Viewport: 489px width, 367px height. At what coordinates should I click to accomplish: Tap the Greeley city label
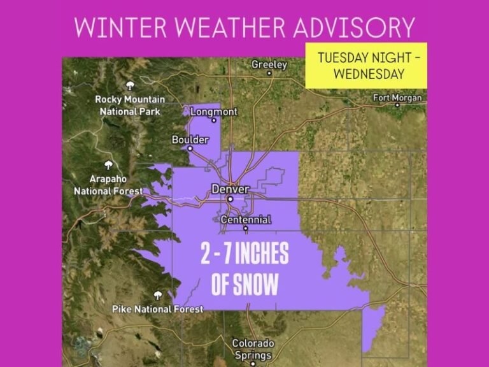point(269,64)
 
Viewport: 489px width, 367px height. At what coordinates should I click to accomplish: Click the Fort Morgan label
point(397,97)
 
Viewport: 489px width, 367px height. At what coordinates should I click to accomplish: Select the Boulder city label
point(190,140)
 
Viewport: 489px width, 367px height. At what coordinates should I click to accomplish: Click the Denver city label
point(230,189)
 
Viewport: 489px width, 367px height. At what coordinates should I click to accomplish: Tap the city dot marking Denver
point(230,199)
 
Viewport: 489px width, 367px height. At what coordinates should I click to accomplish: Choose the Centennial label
point(246,219)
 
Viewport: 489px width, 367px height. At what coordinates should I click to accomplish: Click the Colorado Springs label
point(253,349)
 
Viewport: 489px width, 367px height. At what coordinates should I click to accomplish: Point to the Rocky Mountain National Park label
point(130,105)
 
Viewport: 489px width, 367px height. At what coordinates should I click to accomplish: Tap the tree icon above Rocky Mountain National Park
point(131,85)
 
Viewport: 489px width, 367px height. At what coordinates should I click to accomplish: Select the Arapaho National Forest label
point(108,185)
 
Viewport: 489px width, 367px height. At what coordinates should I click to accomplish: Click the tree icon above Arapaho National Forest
point(108,166)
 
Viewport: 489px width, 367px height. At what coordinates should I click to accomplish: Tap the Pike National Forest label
point(158,309)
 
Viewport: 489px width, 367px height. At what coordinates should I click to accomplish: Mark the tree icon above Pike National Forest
point(157,296)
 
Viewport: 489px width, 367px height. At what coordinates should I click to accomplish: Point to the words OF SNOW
point(244,285)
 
